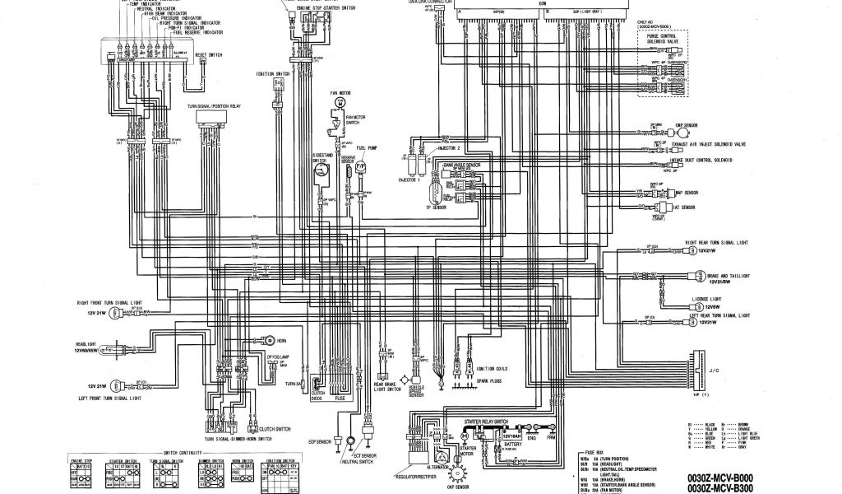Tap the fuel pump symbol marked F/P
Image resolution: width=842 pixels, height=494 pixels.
tap(359, 167)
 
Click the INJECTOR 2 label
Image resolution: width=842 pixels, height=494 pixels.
tap(446, 149)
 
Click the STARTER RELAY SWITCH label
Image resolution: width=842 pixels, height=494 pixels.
tap(486, 421)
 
